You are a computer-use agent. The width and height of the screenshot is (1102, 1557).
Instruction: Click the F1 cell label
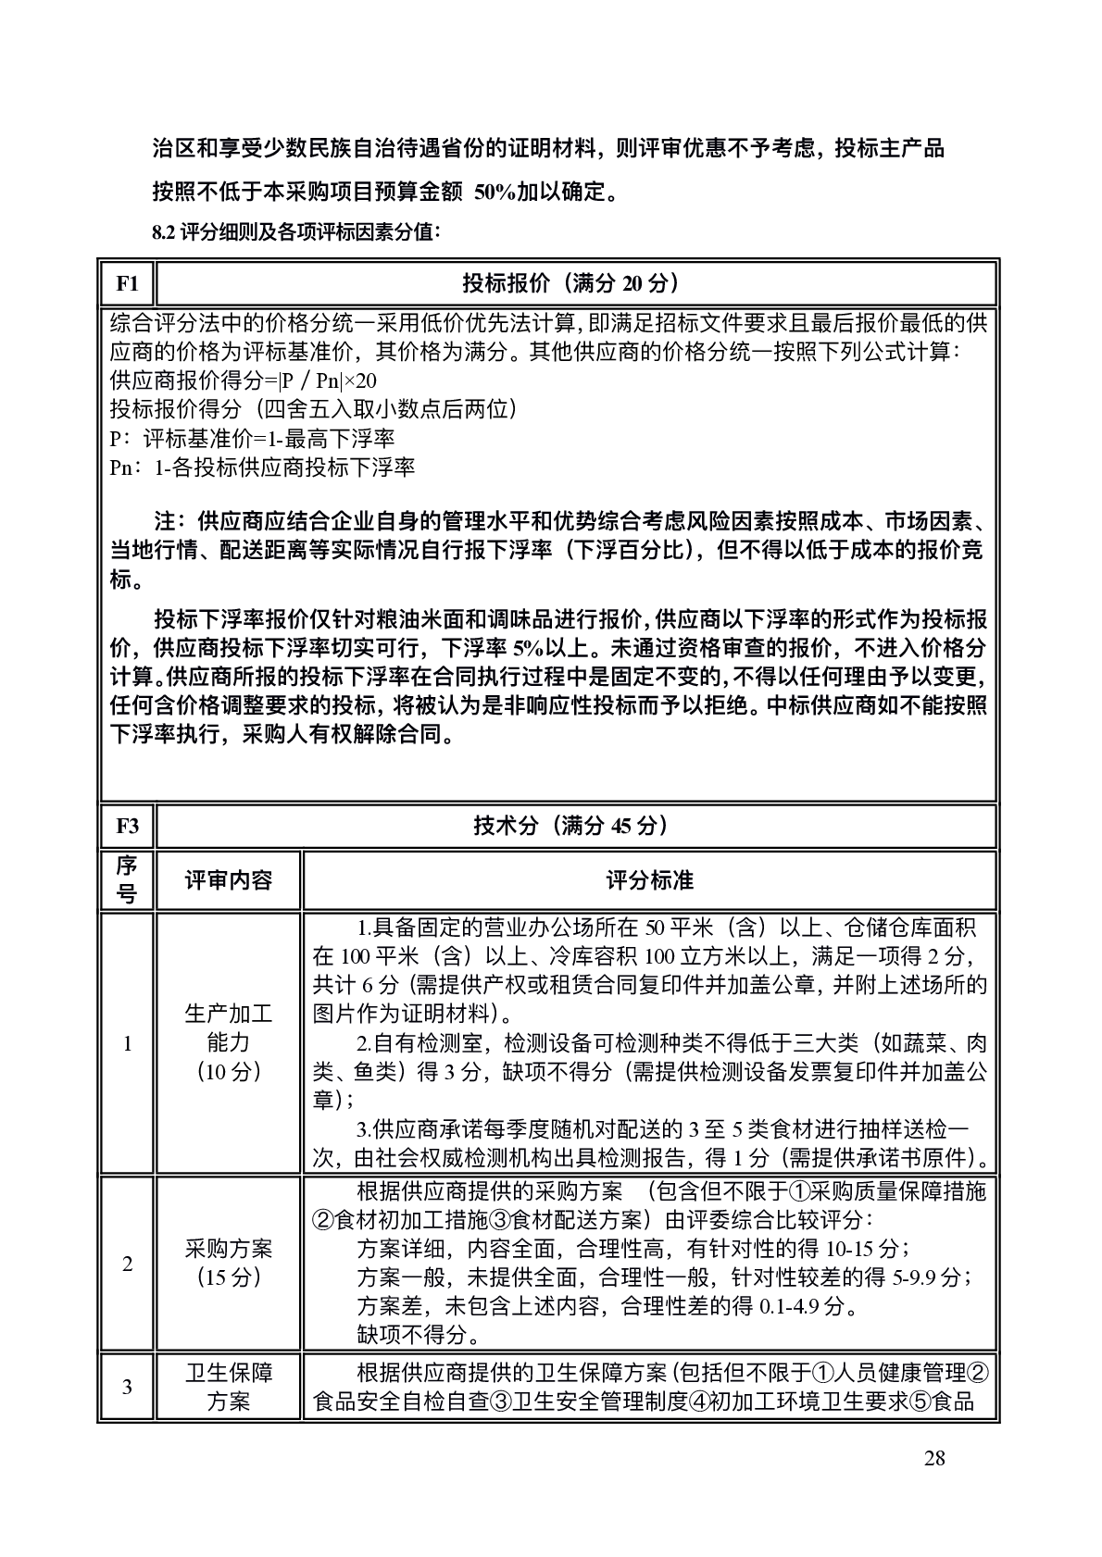click(x=127, y=283)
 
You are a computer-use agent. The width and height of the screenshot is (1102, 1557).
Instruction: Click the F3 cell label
click(x=127, y=826)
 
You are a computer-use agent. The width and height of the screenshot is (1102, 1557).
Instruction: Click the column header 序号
click(x=127, y=880)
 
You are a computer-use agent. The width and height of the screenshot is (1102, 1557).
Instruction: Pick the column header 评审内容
click(x=228, y=880)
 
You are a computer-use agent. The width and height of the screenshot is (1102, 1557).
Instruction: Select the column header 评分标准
click(x=649, y=880)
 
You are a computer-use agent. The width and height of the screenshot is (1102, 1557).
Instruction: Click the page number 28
click(x=934, y=1459)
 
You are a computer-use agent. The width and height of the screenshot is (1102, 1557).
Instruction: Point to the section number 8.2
click(x=163, y=232)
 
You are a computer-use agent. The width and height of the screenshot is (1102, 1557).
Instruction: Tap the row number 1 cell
click(x=127, y=1044)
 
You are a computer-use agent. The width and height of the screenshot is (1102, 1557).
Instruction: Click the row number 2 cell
click(x=127, y=1264)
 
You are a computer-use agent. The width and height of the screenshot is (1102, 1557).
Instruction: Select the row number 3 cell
click(x=127, y=1387)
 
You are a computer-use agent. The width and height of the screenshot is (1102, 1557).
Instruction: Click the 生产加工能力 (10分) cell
click(x=228, y=1043)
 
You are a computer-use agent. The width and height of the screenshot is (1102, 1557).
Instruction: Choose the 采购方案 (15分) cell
click(x=228, y=1264)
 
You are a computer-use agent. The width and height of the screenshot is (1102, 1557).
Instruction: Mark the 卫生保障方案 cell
click(x=228, y=1387)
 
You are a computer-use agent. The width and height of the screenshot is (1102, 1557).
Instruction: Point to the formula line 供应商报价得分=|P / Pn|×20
click(x=243, y=380)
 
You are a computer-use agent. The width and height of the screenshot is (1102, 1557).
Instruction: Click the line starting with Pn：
click(x=262, y=467)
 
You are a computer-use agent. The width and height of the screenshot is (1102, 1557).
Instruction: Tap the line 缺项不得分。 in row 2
click(x=419, y=1336)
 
